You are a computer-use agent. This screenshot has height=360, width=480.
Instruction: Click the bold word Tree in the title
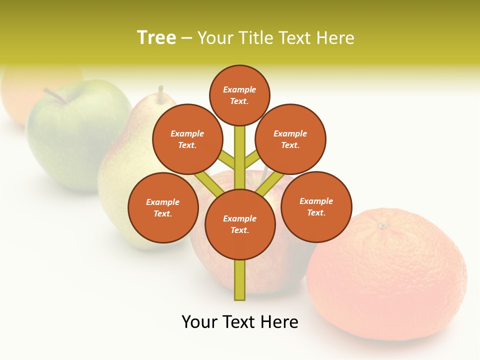(156, 37)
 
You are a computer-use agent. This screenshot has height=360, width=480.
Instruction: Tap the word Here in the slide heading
(335, 37)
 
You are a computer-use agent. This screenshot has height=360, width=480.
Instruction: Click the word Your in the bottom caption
(199, 322)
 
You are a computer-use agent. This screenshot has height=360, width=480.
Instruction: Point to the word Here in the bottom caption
(279, 322)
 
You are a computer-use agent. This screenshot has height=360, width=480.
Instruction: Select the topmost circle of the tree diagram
(239, 95)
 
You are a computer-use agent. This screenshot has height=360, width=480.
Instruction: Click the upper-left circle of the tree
(187, 139)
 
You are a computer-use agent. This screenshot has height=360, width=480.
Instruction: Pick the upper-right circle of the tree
(290, 139)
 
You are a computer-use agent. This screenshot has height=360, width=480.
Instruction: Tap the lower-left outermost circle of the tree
(163, 207)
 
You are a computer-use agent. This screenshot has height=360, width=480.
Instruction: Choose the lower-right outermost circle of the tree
(316, 206)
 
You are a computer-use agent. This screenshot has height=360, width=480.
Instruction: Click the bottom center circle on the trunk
(240, 224)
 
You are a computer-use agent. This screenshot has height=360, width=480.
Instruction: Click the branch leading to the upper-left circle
(227, 160)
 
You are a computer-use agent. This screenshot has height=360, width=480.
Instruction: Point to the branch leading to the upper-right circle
(252, 160)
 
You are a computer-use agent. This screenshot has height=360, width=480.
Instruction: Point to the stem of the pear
(160, 93)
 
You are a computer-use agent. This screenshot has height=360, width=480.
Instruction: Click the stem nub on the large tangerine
(383, 226)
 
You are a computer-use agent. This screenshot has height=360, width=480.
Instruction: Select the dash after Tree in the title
(186, 38)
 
